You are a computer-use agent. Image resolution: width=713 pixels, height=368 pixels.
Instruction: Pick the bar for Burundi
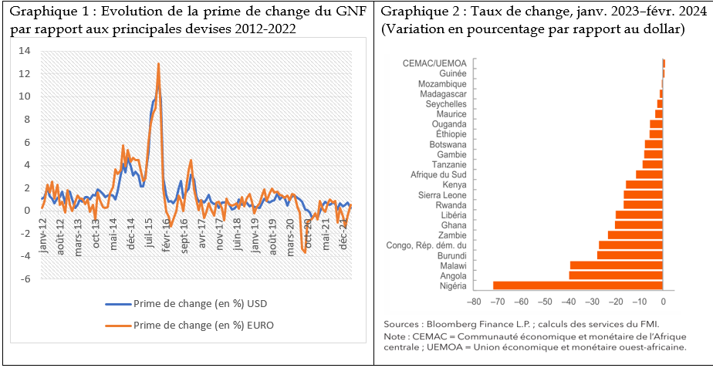tap(630, 255)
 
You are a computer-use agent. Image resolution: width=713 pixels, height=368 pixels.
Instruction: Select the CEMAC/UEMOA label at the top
tap(434, 62)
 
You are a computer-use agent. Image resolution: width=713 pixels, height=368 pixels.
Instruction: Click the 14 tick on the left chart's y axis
tap(25, 51)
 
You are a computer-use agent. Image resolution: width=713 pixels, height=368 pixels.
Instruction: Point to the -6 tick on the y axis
tap(25, 279)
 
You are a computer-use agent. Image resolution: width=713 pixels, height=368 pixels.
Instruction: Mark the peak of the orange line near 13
tap(158, 64)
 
